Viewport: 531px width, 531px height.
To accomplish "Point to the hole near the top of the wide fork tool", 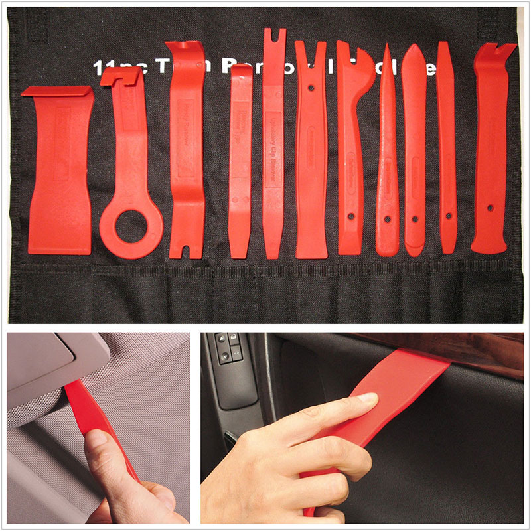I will [311, 87].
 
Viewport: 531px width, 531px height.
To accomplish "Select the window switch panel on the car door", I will [229, 372].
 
